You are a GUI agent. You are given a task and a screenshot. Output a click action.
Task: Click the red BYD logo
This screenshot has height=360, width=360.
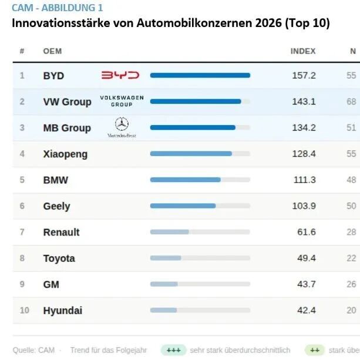pos(120,75)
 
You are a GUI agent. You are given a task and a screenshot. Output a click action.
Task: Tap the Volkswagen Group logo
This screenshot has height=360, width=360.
pos(122,101)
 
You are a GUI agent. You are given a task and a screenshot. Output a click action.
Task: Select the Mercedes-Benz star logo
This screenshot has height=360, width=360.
pos(122,125)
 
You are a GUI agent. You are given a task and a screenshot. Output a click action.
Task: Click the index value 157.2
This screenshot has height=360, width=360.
pos(304,76)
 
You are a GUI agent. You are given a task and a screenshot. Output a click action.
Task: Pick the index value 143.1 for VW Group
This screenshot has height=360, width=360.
pos(304,102)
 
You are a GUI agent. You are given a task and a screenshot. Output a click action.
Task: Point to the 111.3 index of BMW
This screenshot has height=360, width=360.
pos(304,180)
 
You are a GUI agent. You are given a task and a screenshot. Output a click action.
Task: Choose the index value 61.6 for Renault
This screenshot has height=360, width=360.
pos(306,232)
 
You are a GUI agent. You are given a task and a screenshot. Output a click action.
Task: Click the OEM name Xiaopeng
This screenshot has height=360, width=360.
pos(65,154)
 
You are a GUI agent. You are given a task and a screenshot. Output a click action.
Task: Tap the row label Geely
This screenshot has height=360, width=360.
pos(56,206)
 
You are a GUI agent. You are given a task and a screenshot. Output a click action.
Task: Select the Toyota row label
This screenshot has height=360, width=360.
pos(59,258)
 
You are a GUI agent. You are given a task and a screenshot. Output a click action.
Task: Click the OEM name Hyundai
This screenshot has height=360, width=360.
pos(62,311)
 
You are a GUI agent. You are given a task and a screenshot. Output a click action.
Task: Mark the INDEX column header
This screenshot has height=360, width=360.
pos(303,51)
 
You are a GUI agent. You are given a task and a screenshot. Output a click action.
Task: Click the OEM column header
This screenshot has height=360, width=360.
pos(52,51)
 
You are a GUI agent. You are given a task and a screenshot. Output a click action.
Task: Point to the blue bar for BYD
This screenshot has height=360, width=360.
pos(200,75)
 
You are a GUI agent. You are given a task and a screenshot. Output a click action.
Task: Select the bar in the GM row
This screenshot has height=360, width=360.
pos(164,284)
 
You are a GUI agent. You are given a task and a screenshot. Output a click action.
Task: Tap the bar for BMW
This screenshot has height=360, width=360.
pos(185,180)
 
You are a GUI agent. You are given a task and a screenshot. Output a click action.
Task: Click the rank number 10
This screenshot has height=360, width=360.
pos(24,311)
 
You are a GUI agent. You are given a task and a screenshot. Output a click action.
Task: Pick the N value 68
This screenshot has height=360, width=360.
pos(351,102)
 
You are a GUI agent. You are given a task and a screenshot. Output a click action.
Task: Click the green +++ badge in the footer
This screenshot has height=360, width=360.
pos(173,350)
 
